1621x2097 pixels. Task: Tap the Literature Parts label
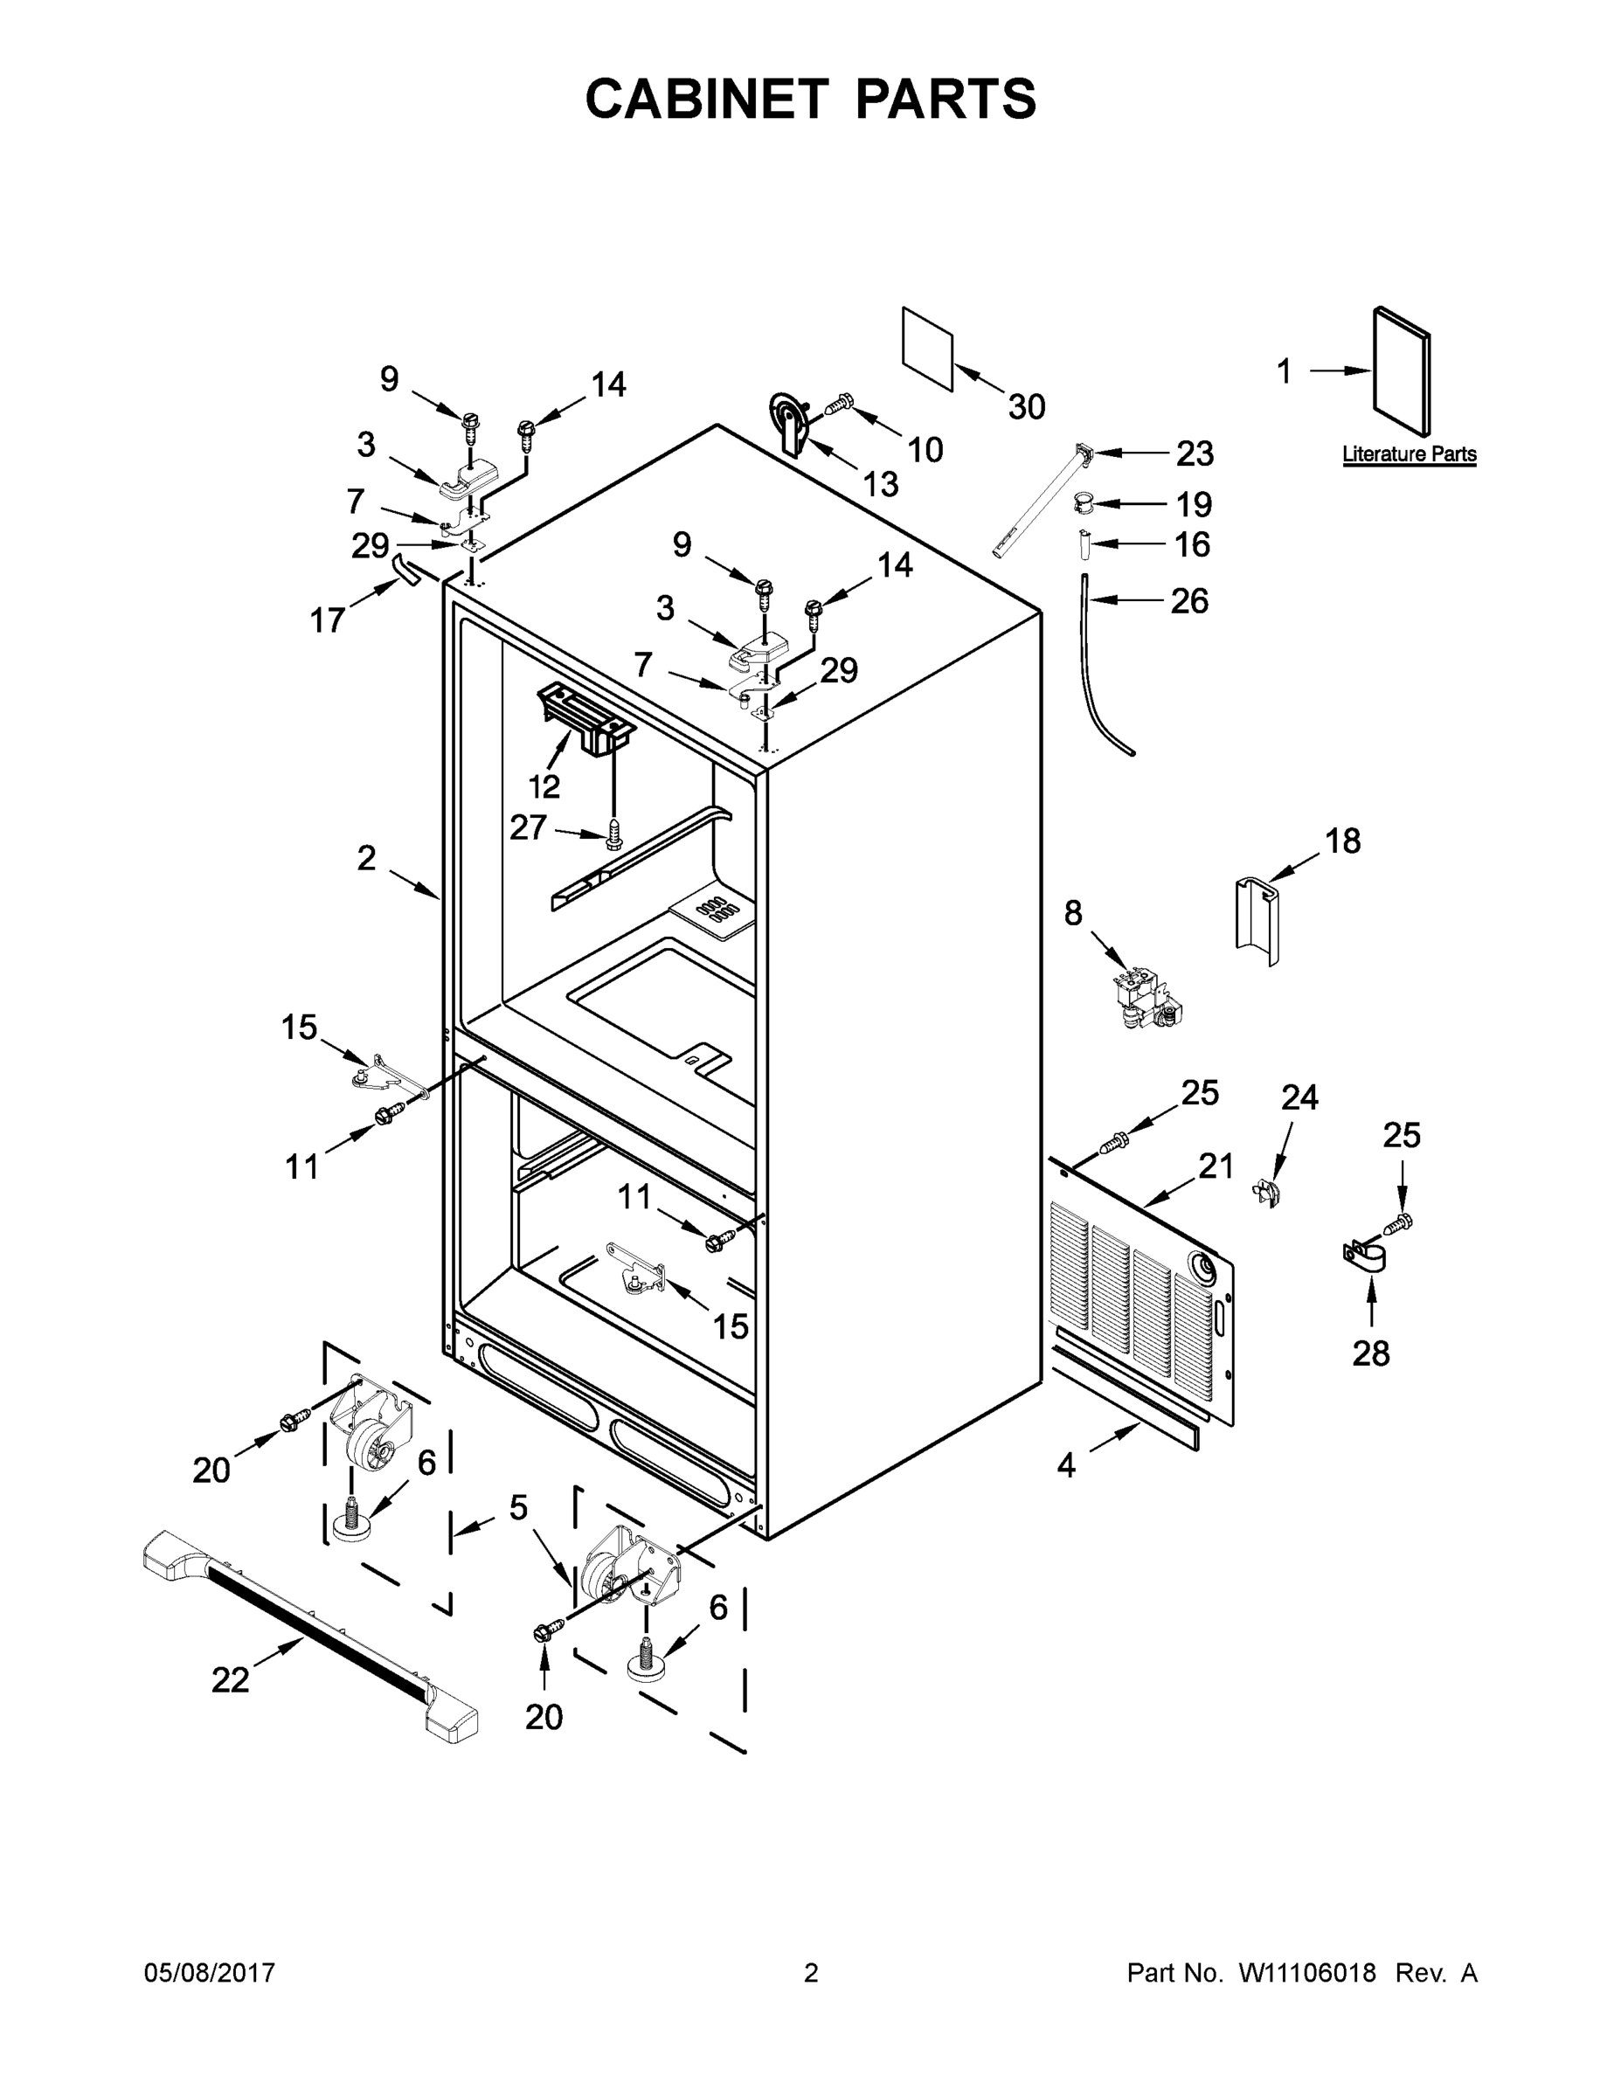pyautogui.click(x=1409, y=454)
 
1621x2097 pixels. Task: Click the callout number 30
pyautogui.click(x=1026, y=407)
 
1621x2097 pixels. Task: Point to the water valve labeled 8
pyautogui.click(x=1145, y=1001)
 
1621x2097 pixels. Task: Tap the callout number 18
pyautogui.click(x=1342, y=841)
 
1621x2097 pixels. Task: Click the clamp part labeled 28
pyautogui.click(x=1363, y=1260)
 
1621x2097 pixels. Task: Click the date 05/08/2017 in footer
pyautogui.click(x=210, y=1974)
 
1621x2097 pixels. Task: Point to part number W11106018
pyautogui.click(x=1307, y=1974)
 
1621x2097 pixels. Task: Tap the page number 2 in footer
pyautogui.click(x=811, y=1974)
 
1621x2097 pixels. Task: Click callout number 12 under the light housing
pyautogui.click(x=544, y=786)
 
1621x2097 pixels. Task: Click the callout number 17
pyautogui.click(x=327, y=620)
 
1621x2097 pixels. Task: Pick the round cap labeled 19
pyautogui.click(x=1084, y=502)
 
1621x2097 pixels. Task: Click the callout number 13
pyautogui.click(x=880, y=484)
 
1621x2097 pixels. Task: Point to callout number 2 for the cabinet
pyautogui.click(x=366, y=858)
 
